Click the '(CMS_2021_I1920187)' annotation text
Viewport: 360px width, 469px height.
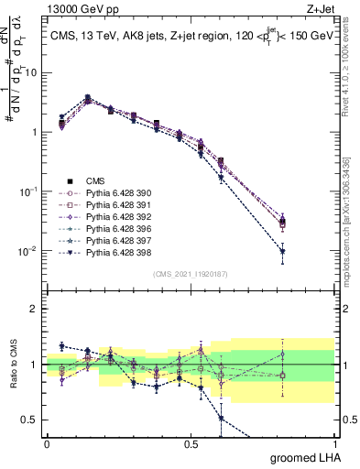pos(190,273)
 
